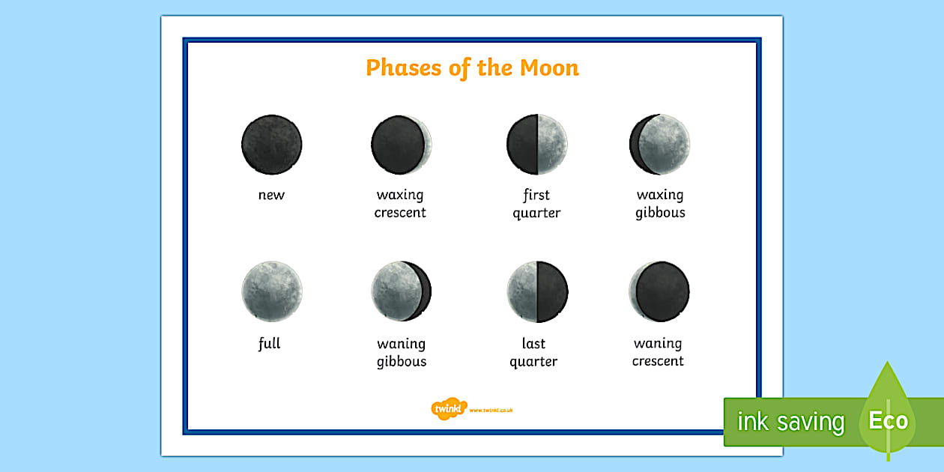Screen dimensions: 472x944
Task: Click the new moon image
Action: click(x=271, y=145)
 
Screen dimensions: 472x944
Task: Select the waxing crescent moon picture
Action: click(x=402, y=145)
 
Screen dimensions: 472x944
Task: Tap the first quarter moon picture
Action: click(x=536, y=145)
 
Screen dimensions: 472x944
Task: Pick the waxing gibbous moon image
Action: click(x=659, y=145)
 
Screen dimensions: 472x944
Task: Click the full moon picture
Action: click(x=271, y=291)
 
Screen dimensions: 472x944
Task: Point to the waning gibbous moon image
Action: click(x=402, y=291)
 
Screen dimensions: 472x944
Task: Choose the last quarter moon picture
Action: click(x=536, y=291)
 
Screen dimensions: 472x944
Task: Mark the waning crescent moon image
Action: click(x=659, y=291)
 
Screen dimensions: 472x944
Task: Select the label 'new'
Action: click(x=271, y=196)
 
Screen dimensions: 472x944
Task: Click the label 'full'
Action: click(x=269, y=344)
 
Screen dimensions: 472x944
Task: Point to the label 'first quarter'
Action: click(x=536, y=204)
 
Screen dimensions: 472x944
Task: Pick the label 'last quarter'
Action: click(x=533, y=353)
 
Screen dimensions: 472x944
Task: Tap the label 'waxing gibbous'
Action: click(x=660, y=204)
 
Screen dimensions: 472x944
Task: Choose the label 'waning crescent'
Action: click(x=658, y=353)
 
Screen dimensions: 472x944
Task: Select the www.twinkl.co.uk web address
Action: click(x=491, y=410)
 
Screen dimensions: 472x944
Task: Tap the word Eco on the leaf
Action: click(x=889, y=421)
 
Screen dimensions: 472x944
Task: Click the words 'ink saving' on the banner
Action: click(x=790, y=423)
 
